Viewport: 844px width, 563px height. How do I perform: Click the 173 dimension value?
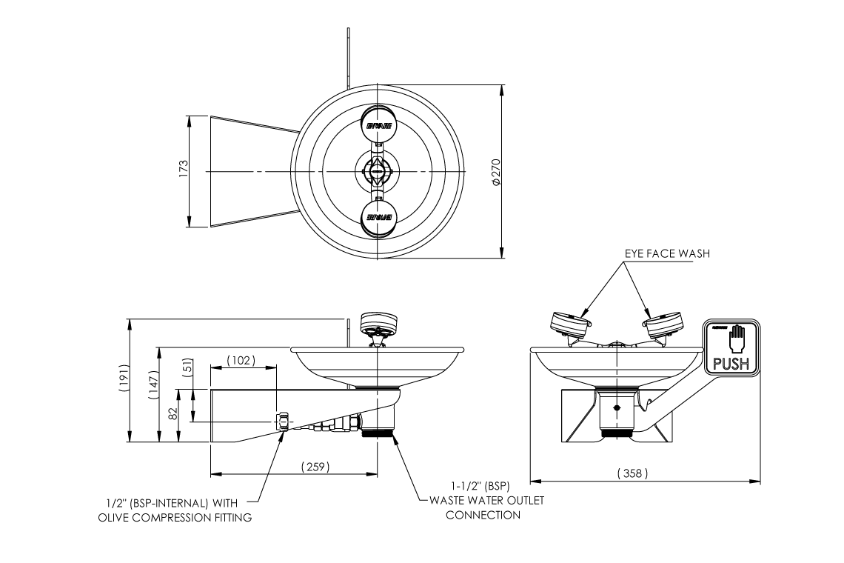tap(184, 170)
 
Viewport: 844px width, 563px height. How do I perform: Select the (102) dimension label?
tap(240, 361)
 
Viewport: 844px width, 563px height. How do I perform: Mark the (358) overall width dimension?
tap(632, 473)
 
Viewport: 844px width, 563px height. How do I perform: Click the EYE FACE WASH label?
tap(667, 253)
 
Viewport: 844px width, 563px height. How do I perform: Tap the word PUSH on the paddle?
tap(731, 364)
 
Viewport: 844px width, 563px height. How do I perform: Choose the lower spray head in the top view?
tap(378, 217)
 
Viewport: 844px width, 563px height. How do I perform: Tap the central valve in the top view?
tap(378, 171)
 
